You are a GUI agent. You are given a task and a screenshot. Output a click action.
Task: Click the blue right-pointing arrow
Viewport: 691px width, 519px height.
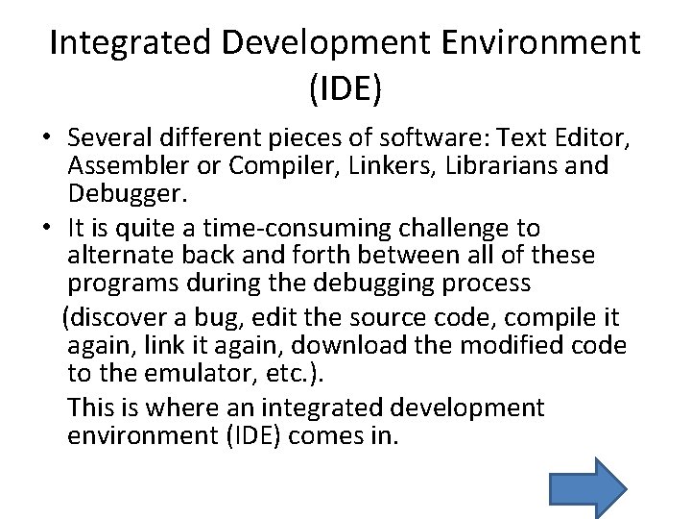[x=588, y=486]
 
